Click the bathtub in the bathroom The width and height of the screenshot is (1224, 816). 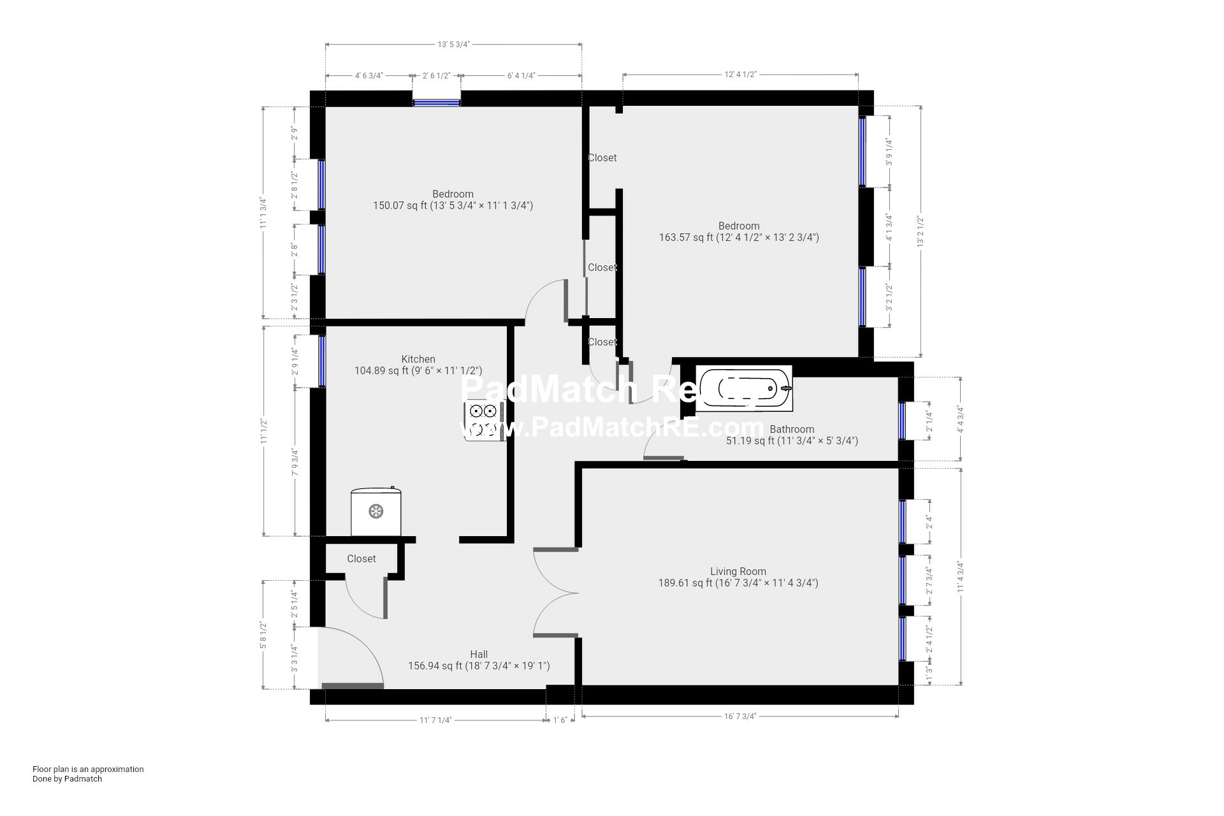click(745, 388)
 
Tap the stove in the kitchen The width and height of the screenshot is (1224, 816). click(484, 420)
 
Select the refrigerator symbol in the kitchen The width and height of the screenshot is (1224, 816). click(376, 511)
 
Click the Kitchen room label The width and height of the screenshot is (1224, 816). click(418, 359)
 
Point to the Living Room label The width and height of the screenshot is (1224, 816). click(738, 571)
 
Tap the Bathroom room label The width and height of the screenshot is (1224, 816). click(792, 429)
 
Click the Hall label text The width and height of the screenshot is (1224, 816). click(479, 654)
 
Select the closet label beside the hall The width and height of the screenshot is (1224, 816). click(361, 558)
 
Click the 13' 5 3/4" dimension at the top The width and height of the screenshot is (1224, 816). click(453, 45)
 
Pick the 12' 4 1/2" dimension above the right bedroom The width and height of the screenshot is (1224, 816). click(740, 74)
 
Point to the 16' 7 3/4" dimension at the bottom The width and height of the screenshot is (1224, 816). click(740, 716)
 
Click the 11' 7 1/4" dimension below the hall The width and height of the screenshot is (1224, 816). click(435, 720)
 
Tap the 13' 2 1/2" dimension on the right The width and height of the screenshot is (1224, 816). click(920, 231)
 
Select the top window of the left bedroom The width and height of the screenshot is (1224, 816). click(436, 102)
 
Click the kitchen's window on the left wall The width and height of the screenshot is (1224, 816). click(322, 361)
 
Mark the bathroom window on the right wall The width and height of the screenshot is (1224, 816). click(902, 421)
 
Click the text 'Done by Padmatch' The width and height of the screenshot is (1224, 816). click(67, 778)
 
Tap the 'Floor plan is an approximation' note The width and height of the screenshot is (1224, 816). click(88, 769)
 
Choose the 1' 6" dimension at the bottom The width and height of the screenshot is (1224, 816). click(560, 720)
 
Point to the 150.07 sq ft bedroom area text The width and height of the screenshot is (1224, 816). click(453, 205)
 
